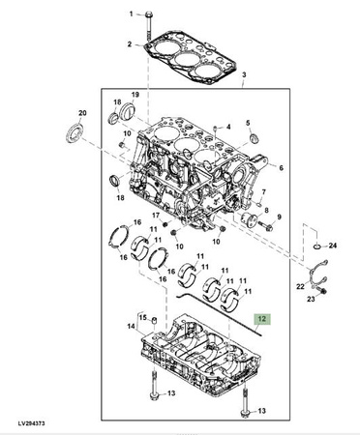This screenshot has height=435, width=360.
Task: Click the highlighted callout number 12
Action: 262,319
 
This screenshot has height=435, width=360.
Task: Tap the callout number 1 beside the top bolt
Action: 131,14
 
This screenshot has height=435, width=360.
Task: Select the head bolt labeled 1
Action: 148,25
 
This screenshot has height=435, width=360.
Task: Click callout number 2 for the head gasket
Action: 130,44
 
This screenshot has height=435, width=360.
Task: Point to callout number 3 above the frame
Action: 244,74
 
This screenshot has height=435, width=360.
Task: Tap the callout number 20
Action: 82,113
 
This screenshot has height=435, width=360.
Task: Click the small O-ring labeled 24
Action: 316,246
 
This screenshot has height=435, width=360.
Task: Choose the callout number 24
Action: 333,246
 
